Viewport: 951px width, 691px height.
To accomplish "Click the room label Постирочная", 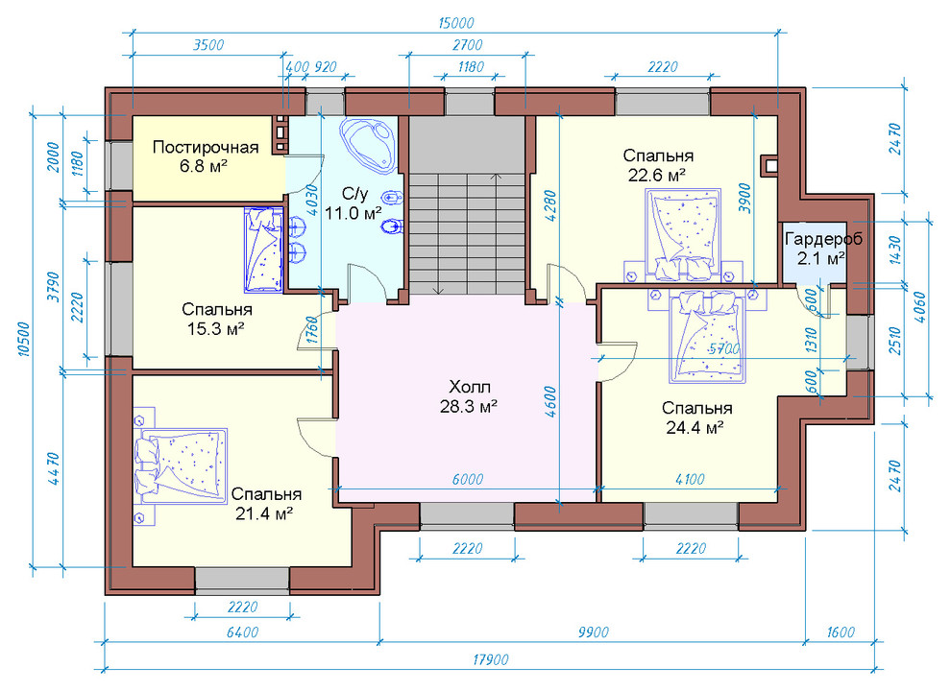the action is pyautogui.click(x=206, y=147).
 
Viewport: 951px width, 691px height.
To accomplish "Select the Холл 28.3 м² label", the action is pyautogui.click(x=470, y=396).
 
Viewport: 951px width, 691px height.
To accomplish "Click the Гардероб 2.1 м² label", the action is pyautogui.click(x=823, y=249).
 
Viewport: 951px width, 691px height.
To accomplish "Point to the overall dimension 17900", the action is pyautogui.click(x=490, y=659).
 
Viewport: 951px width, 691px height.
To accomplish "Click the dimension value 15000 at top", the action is pyautogui.click(x=455, y=24).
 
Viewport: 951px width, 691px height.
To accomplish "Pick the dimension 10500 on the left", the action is pyautogui.click(x=24, y=339).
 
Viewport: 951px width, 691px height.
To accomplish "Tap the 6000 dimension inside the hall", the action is pyautogui.click(x=468, y=480).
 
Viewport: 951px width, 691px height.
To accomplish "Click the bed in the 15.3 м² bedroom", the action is pyautogui.click(x=264, y=250).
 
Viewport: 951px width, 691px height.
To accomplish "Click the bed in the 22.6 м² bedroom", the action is pyautogui.click(x=683, y=235).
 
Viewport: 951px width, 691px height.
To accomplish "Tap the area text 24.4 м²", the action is pyautogui.click(x=695, y=428).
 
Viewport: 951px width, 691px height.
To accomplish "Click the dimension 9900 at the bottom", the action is pyautogui.click(x=593, y=632).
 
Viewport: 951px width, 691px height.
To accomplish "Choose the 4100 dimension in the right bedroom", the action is pyautogui.click(x=690, y=480).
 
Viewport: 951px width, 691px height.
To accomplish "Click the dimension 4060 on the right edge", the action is pyautogui.click(x=920, y=307).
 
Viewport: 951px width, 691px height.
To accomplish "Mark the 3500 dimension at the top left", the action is pyautogui.click(x=208, y=45).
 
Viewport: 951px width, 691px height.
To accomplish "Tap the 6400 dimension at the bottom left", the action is pyautogui.click(x=242, y=632).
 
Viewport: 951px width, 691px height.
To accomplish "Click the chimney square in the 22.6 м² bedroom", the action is pyautogui.click(x=769, y=165).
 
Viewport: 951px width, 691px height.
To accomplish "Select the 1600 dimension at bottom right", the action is pyautogui.click(x=840, y=632).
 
